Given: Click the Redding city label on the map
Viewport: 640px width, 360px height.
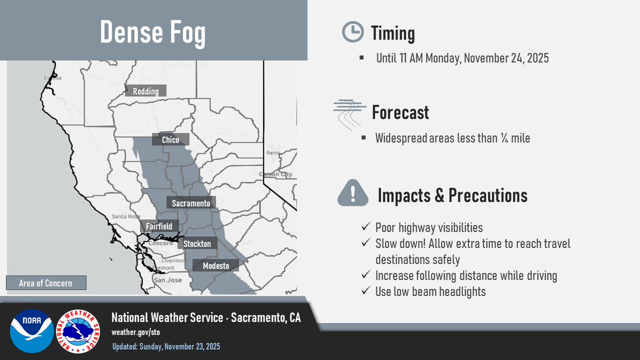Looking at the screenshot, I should click(x=146, y=91).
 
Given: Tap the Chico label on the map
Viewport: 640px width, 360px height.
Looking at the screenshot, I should click(x=171, y=140).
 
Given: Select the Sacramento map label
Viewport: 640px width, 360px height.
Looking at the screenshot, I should click(x=191, y=203).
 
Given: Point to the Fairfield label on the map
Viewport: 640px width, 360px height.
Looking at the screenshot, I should click(x=159, y=227).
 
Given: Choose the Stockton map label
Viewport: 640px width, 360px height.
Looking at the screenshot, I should click(x=197, y=244).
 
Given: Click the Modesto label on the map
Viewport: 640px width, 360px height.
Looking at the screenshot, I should click(x=215, y=266).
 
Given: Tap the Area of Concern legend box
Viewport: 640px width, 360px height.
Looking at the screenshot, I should click(x=46, y=283).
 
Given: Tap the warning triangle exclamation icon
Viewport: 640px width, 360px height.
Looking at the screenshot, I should click(x=353, y=193).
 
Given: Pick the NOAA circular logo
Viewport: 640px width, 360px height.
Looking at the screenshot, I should click(x=31, y=331).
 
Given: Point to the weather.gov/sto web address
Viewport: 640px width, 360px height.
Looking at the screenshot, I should click(x=135, y=332).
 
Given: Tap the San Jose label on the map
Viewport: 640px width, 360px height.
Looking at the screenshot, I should click(x=167, y=280).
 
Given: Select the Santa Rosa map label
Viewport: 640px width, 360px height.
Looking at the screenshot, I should click(x=125, y=217).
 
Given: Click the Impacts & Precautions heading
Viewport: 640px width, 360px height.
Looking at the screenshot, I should click(x=452, y=196).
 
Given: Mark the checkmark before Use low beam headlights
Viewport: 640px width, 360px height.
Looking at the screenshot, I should click(x=366, y=292).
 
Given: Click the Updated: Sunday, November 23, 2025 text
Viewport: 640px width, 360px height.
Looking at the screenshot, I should click(x=166, y=347).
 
